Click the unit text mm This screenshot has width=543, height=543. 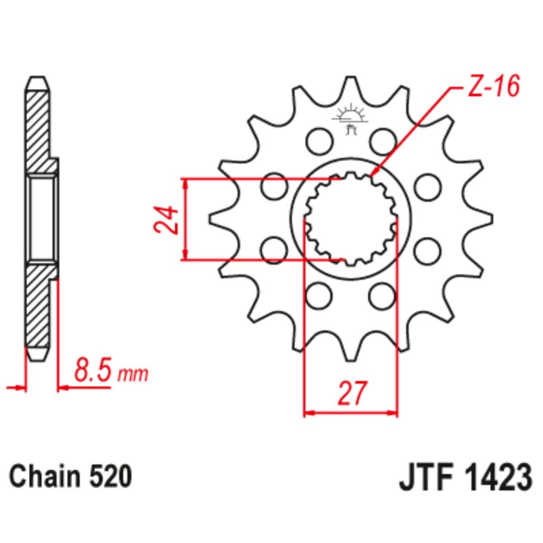[x=133, y=374]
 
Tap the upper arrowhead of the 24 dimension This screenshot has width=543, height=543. [x=187, y=183]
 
